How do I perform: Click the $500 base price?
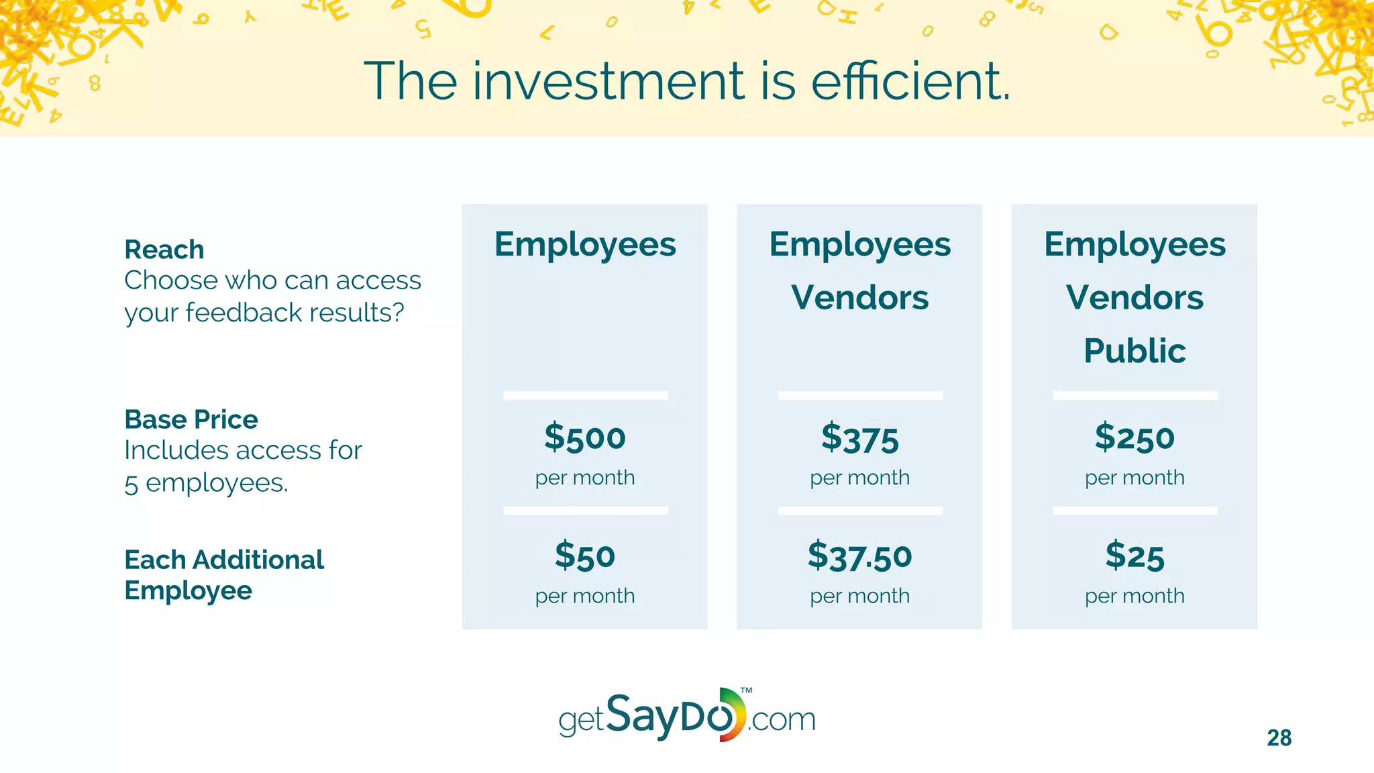[584, 437]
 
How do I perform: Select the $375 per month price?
[859, 437]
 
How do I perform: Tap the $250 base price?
[1134, 437]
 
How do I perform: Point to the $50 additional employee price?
[584, 556]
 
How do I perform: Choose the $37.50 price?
[859, 556]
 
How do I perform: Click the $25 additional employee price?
[1134, 556]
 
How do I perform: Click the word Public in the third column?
[1134, 351]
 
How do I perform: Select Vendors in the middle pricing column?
[859, 297]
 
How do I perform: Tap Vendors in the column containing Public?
[1134, 297]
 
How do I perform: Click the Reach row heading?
[164, 250]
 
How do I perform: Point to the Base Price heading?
[191, 419]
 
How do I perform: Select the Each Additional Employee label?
[223, 574]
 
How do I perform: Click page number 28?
[1279, 738]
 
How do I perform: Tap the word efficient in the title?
[910, 81]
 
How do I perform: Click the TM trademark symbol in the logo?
[746, 690]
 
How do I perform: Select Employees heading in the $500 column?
[584, 244]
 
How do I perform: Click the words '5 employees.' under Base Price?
[206, 483]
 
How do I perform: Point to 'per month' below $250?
[1134, 478]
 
